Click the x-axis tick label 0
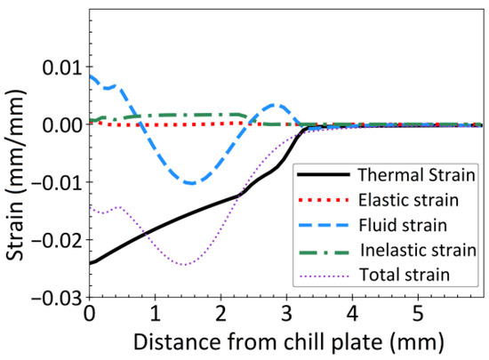click(89, 314)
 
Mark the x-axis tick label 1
click(155, 314)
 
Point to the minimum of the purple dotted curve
click(184, 265)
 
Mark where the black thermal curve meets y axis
click(90, 263)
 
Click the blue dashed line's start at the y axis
click(90, 76)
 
